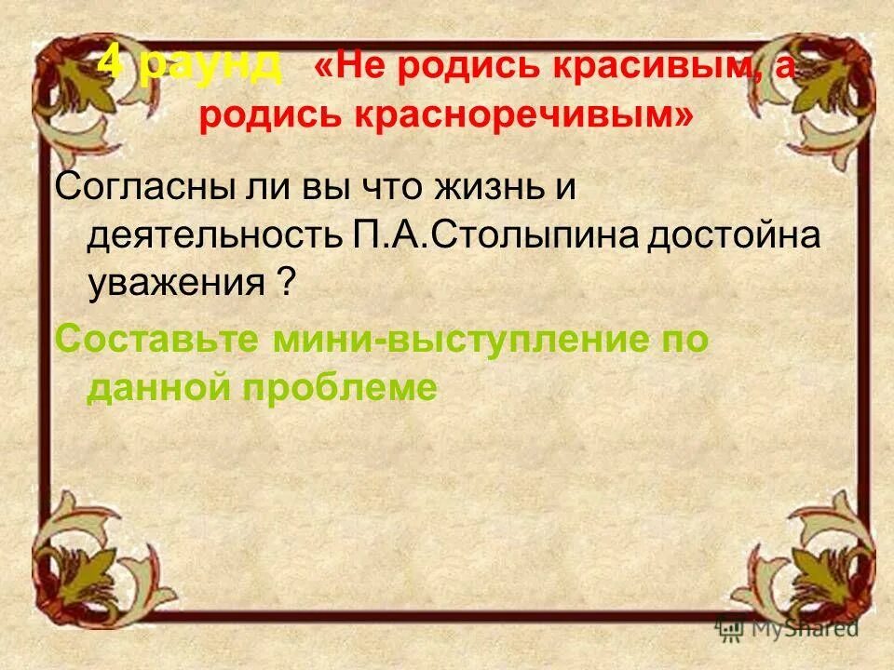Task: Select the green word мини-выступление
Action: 458,341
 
